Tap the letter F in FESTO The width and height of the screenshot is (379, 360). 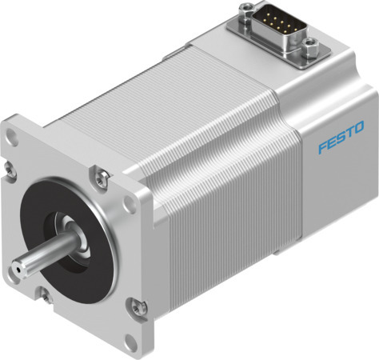tap(322, 147)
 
